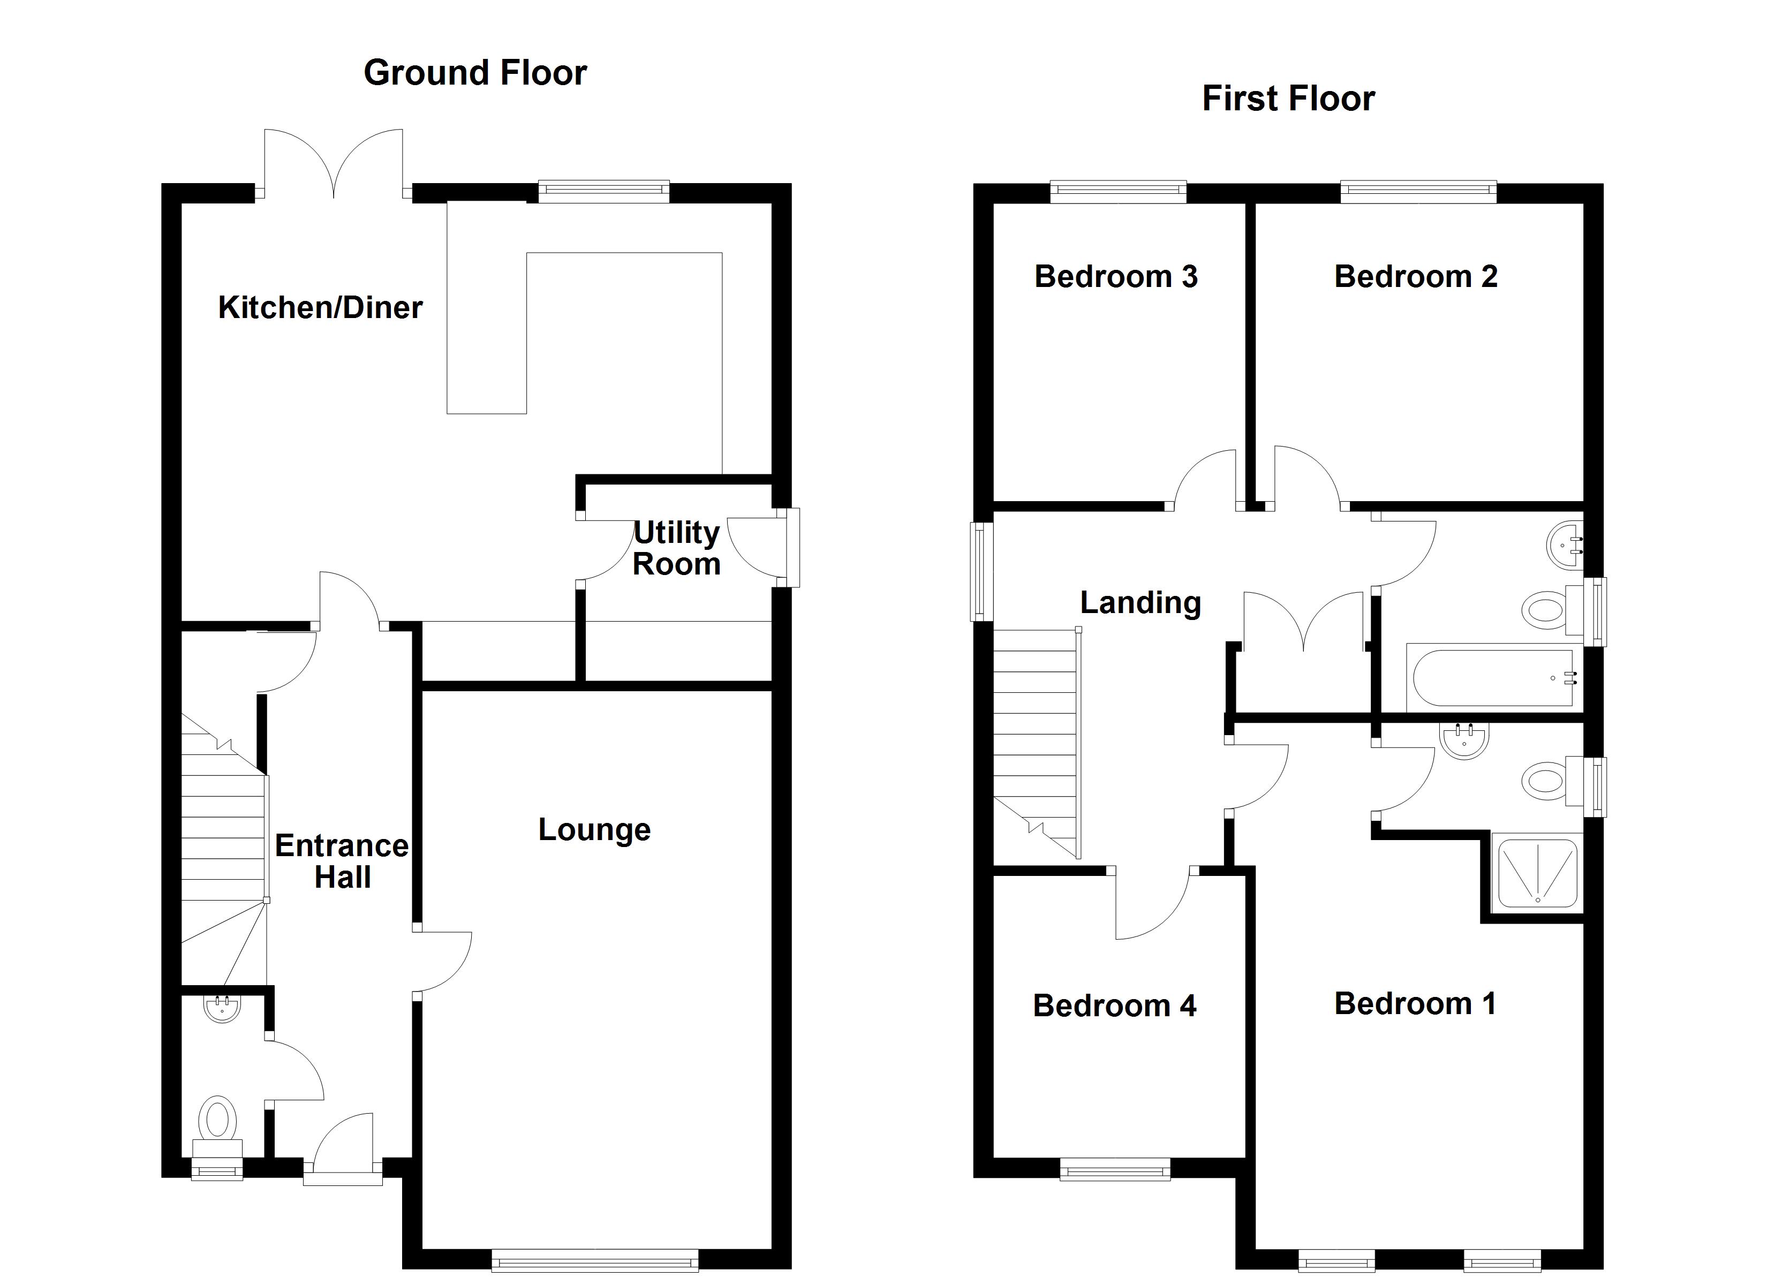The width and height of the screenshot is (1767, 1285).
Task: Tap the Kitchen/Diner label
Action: click(320, 308)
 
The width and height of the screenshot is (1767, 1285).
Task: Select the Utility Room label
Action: click(676, 549)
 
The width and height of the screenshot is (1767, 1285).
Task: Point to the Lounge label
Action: click(594, 829)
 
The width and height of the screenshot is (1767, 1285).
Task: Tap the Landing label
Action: click(1140, 602)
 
